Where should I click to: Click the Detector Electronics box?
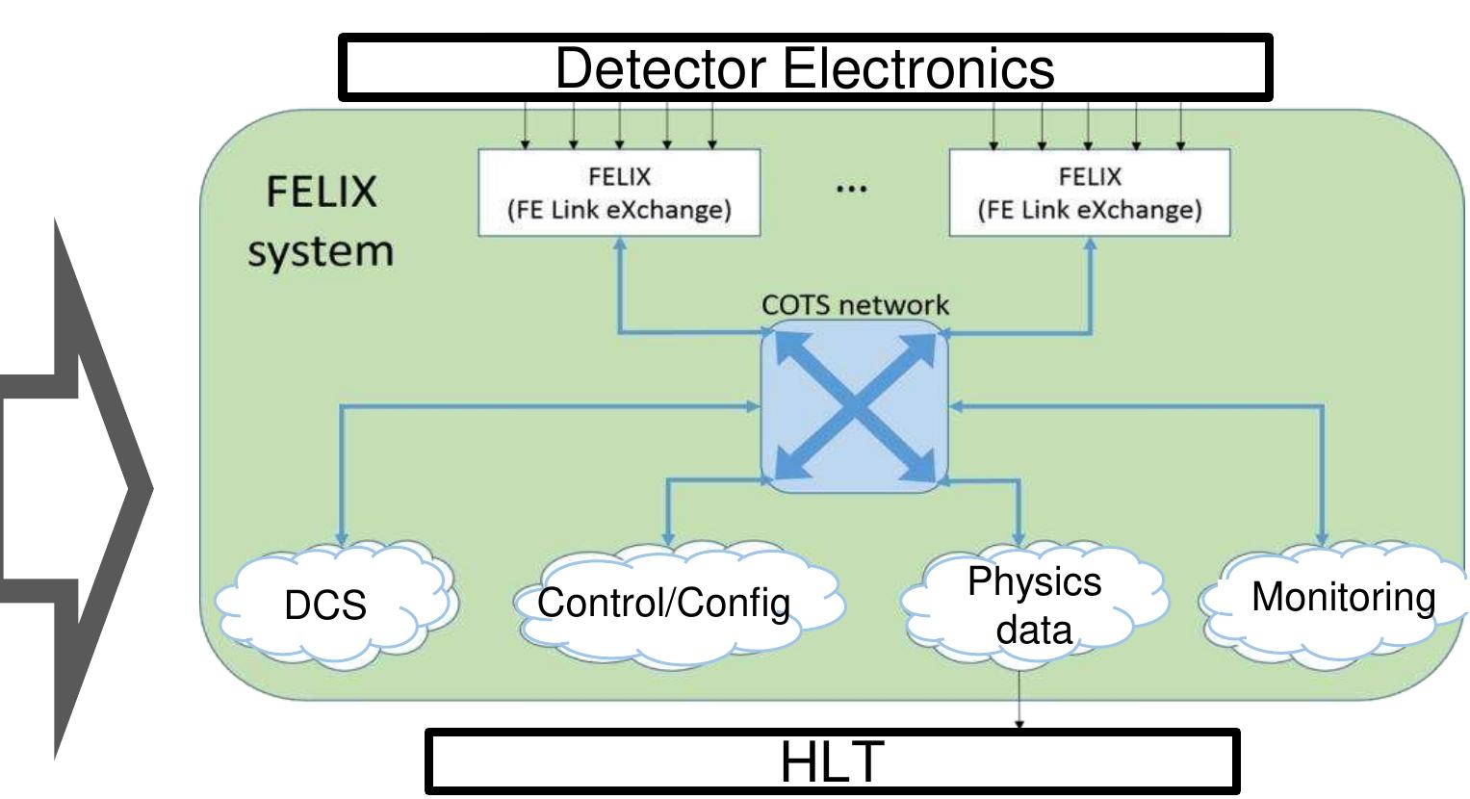805,67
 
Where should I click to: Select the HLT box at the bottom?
831,761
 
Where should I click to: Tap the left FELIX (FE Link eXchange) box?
619,193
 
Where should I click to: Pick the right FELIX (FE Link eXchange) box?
1090,193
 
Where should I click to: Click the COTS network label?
855,305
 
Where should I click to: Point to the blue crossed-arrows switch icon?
855,407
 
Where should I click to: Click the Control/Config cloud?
664,604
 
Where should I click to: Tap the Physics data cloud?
1034,606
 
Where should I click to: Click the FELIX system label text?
321,221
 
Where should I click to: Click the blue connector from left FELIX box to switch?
674,333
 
